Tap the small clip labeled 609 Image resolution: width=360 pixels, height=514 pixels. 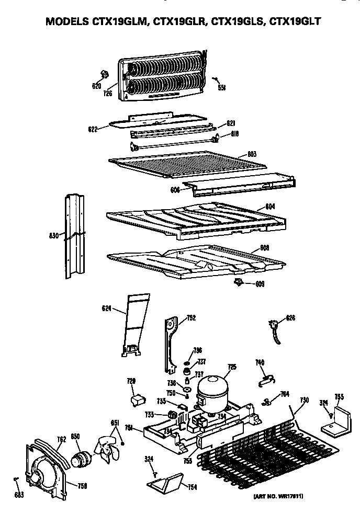tap(239, 282)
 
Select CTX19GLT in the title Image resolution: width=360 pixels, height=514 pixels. tap(294, 22)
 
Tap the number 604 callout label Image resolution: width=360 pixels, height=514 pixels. tap(269, 207)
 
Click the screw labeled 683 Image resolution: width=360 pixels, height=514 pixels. tap(17, 479)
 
